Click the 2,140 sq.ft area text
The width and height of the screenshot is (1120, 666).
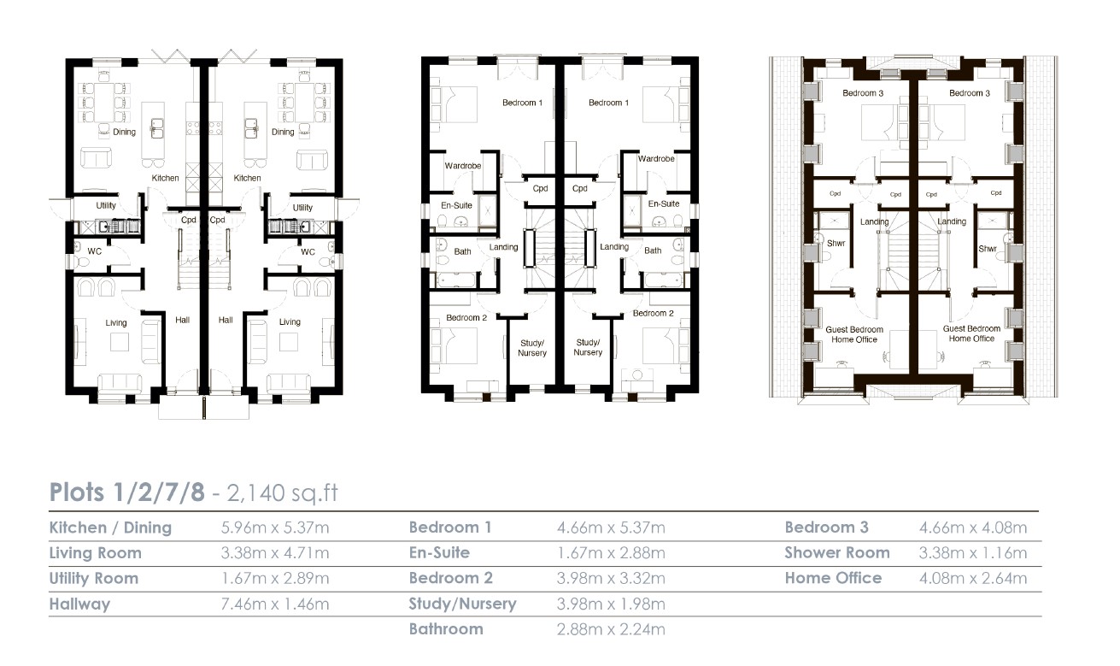283,492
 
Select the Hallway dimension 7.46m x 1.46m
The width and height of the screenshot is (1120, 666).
275,604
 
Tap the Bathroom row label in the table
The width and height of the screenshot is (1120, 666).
446,629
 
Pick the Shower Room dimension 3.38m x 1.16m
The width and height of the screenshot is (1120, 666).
973,552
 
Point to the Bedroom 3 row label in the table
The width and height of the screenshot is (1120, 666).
826,527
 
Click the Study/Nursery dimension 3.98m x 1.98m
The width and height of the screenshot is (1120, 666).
611,604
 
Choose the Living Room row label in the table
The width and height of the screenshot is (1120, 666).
96,553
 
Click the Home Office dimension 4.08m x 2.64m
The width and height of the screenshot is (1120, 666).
973,578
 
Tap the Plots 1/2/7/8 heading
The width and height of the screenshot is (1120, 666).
127,492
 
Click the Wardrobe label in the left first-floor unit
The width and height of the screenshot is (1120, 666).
463,166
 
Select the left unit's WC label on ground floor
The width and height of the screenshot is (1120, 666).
95,251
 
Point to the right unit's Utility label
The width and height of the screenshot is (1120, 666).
302,207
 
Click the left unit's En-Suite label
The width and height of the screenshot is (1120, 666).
456,205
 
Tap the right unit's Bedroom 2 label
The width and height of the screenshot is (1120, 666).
653,313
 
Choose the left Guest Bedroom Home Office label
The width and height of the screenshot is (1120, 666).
854,334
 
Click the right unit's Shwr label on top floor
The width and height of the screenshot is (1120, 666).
988,249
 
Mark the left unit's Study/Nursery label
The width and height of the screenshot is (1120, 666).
532,348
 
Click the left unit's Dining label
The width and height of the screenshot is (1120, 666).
124,132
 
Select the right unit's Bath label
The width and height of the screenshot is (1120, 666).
653,250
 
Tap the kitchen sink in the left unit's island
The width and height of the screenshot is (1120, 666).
157,128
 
